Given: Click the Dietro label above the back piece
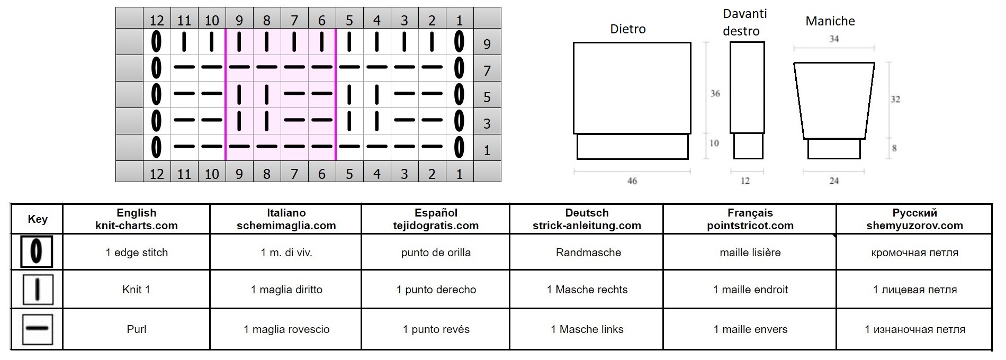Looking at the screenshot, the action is (628, 29).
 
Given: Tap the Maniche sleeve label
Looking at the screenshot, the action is (830, 21).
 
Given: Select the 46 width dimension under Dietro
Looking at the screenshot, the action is (632, 181).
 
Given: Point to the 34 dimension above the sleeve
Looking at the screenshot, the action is (834, 39).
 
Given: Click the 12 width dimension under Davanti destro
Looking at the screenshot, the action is (745, 181).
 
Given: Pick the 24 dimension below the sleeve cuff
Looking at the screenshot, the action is (834, 181).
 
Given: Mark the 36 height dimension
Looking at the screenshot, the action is (715, 94).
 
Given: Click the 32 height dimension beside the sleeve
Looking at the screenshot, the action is (895, 99).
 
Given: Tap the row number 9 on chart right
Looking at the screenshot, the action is (487, 44).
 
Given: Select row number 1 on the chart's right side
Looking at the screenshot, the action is (487, 150).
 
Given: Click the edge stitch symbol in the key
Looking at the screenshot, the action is (37, 251).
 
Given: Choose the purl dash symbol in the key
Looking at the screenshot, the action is (37, 329).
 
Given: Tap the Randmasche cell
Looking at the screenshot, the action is (588, 253).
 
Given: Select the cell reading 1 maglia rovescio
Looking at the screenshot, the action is (286, 329).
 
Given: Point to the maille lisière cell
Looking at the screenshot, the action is (750, 253).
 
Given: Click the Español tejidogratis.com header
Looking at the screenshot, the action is (436, 219).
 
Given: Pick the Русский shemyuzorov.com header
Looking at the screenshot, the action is (914, 219).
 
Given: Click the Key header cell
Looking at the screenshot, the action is (38, 219).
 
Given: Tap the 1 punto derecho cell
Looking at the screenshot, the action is (436, 290).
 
